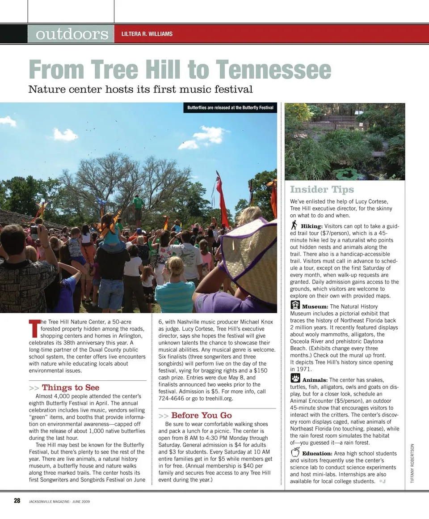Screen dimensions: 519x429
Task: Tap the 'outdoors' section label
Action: click(72, 34)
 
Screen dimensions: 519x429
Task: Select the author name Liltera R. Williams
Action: click(147, 34)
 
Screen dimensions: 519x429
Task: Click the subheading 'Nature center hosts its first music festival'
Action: click(140, 89)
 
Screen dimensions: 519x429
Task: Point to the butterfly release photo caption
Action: click(230, 108)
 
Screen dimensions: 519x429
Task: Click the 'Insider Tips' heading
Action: click(322, 189)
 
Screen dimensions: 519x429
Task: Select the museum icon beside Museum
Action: click(295, 305)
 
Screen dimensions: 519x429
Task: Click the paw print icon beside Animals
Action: click(295, 378)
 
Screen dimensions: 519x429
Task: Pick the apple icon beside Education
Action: click(295, 452)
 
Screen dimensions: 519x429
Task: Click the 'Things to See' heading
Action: click(70, 387)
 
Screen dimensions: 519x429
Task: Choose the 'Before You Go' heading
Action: click(201, 415)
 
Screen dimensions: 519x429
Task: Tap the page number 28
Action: click(17, 501)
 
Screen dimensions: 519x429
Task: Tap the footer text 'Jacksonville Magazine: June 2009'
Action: click(59, 502)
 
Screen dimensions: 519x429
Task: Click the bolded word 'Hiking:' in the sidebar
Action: click(311, 226)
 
